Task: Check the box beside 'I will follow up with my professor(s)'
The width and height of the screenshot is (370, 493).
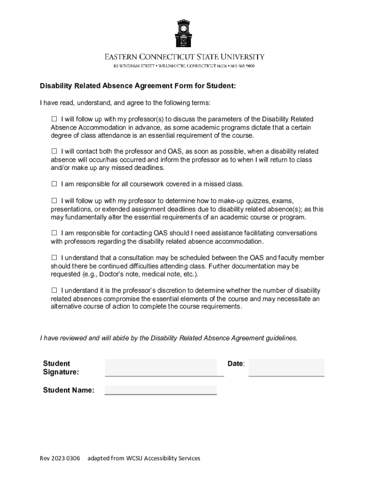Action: (x=54, y=119)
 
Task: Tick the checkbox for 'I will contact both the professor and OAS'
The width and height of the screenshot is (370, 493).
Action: (x=54, y=152)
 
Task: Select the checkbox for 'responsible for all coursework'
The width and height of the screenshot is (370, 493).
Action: (x=54, y=184)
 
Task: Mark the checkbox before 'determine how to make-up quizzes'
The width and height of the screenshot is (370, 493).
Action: (x=54, y=200)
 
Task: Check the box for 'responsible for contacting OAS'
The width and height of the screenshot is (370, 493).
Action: (x=54, y=233)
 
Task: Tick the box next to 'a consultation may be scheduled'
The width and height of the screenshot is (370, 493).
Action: (x=54, y=258)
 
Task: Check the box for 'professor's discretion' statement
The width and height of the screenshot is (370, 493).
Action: (x=54, y=290)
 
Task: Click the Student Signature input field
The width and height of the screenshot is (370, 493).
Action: (x=164, y=367)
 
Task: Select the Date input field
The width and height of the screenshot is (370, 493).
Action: (x=286, y=367)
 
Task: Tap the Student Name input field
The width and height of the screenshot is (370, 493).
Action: (x=160, y=389)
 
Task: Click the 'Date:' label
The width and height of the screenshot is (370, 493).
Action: (x=236, y=363)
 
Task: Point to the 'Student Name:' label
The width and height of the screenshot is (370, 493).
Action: (x=68, y=390)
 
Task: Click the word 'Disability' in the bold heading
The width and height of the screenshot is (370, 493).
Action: (x=55, y=86)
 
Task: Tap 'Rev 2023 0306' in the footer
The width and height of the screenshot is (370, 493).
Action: (x=60, y=458)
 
